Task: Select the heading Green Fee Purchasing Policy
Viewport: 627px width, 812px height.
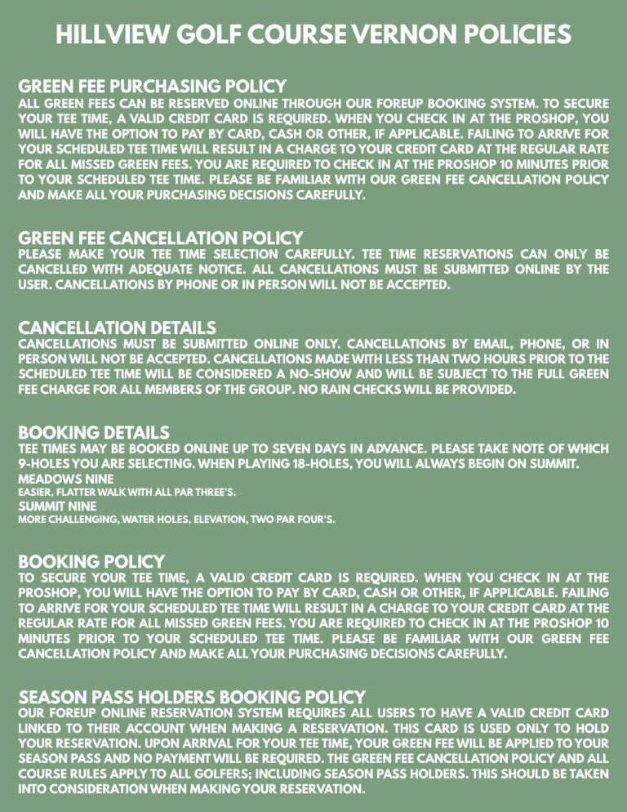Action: point(152,86)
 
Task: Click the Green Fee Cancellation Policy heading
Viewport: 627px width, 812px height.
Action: point(160,238)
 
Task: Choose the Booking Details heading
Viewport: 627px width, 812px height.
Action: point(94,431)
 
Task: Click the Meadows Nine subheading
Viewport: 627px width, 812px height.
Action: point(55,478)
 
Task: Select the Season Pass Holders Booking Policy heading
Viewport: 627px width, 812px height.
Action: point(192,697)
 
